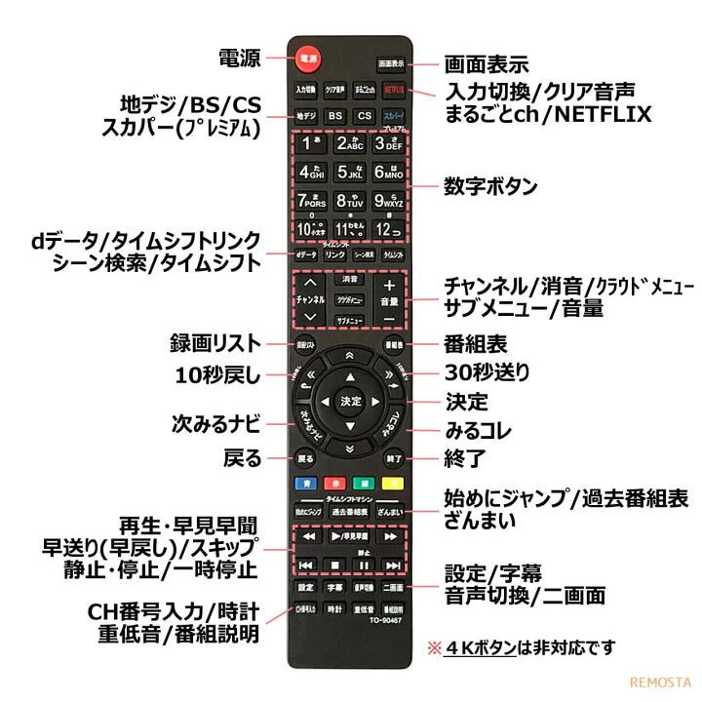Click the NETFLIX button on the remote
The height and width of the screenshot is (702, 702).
click(x=392, y=89)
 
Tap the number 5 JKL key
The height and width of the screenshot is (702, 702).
click(x=349, y=173)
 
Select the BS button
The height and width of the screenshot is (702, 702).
click(x=334, y=116)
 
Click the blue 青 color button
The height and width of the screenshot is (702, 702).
click(x=305, y=483)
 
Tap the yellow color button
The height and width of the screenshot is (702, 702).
click(x=393, y=483)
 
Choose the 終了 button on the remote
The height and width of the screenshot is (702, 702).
click(x=393, y=457)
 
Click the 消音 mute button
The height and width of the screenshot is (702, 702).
click(x=349, y=279)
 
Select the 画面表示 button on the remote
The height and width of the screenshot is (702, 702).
click(x=391, y=63)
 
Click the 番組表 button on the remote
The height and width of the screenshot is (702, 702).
click(x=393, y=345)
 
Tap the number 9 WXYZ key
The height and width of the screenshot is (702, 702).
click(x=390, y=202)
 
